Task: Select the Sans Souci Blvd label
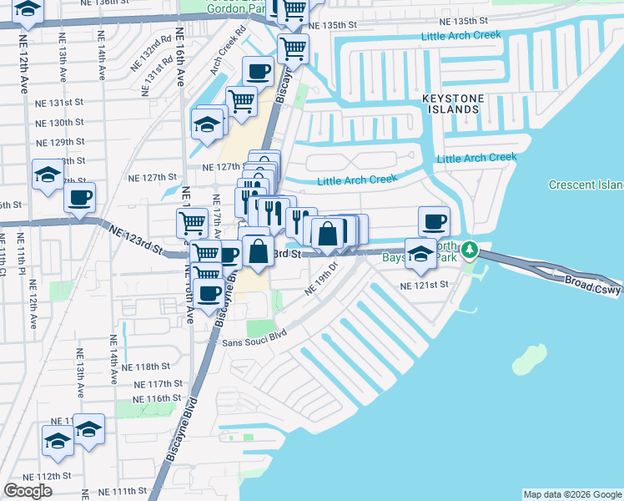pos(254,338)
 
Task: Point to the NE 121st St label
pos(425,285)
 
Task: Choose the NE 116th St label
pos(159,398)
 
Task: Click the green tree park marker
pos(471,250)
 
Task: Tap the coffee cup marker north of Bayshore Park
pos(434,221)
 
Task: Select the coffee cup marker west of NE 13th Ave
pos(80,198)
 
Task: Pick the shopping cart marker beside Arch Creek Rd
pos(241,101)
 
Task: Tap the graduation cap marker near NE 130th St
pos(207,125)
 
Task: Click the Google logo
pos(28,491)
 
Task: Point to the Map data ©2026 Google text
pos(571,494)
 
